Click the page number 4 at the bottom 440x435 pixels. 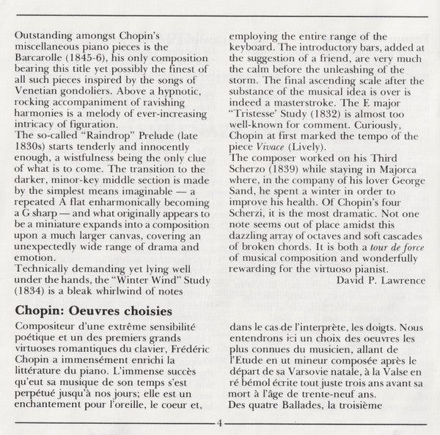(x=219, y=423)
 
